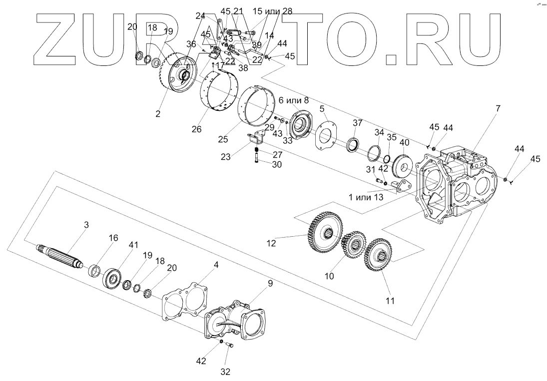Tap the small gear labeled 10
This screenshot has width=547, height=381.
click(354, 244)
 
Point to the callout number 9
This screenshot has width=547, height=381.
click(270, 283)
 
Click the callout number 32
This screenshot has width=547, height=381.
click(226, 371)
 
